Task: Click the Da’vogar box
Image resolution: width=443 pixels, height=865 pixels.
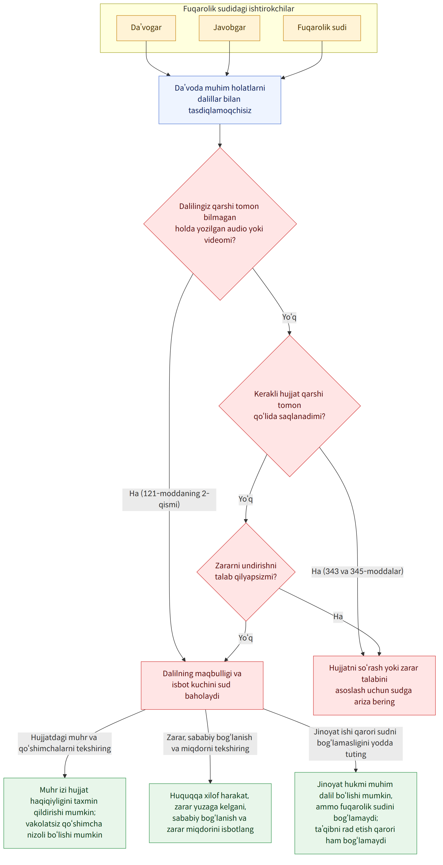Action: click(x=146, y=28)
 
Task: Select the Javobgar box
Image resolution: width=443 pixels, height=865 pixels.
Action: click(x=229, y=28)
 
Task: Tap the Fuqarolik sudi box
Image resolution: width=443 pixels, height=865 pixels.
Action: click(x=322, y=28)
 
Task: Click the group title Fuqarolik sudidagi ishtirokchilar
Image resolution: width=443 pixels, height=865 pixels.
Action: click(x=239, y=9)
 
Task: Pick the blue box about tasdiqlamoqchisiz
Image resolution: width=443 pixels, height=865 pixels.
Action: click(x=220, y=100)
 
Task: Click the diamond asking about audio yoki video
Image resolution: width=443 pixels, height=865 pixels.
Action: click(x=220, y=224)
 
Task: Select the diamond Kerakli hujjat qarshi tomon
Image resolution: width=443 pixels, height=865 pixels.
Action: click(x=289, y=406)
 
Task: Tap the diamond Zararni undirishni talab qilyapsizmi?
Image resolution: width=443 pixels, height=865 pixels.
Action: click(x=246, y=572)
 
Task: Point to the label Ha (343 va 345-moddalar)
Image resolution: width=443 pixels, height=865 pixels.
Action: click(x=357, y=571)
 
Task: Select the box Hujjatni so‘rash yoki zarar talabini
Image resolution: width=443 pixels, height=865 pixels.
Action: click(x=374, y=686)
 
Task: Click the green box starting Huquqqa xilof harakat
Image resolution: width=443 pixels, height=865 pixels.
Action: click(x=210, y=813)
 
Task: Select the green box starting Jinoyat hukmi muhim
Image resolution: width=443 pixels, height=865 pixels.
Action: click(x=356, y=813)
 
